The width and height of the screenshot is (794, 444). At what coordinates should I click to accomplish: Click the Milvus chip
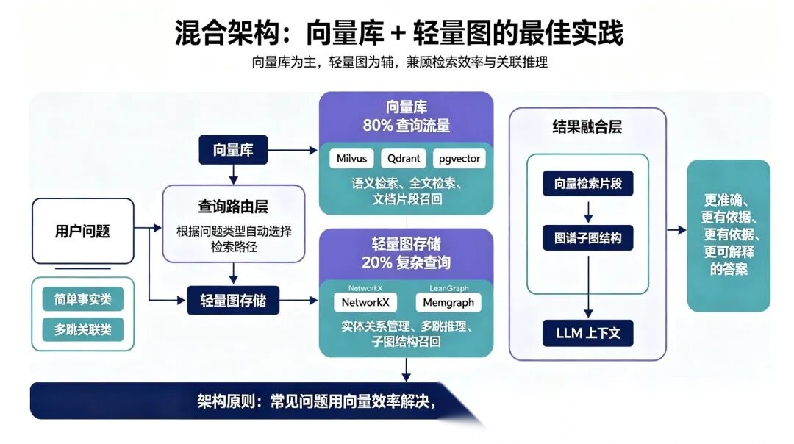[351, 159]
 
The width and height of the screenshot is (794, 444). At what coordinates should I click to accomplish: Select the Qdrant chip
[404, 159]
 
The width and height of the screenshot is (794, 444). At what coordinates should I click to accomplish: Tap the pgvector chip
[459, 159]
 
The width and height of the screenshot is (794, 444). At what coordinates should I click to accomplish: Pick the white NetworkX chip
[365, 302]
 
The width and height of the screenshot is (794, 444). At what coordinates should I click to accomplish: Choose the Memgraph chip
[448, 302]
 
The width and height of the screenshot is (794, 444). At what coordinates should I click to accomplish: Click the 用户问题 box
[83, 231]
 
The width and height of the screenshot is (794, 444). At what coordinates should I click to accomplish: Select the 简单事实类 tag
[83, 299]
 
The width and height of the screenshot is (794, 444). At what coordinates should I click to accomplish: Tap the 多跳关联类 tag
[83, 329]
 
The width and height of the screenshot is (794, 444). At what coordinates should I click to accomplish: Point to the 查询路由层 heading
[233, 207]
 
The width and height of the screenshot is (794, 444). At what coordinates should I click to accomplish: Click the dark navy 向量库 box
[233, 150]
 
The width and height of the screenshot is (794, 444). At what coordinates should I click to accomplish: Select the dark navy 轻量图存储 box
[233, 301]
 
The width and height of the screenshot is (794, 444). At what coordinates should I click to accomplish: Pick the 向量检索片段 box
[588, 183]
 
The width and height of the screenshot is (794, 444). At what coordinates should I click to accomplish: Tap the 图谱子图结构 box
[588, 238]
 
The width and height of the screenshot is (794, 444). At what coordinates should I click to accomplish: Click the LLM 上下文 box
[588, 333]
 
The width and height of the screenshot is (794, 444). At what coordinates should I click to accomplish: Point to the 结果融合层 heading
[587, 126]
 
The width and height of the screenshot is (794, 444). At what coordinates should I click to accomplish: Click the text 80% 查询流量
[406, 126]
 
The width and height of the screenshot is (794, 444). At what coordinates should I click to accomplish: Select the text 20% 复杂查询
[406, 262]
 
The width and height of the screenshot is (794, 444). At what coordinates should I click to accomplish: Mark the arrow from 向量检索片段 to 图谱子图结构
[588, 212]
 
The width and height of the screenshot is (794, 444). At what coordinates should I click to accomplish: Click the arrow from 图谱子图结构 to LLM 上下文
[588, 287]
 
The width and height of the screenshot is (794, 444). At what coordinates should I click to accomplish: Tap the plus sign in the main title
[398, 33]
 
